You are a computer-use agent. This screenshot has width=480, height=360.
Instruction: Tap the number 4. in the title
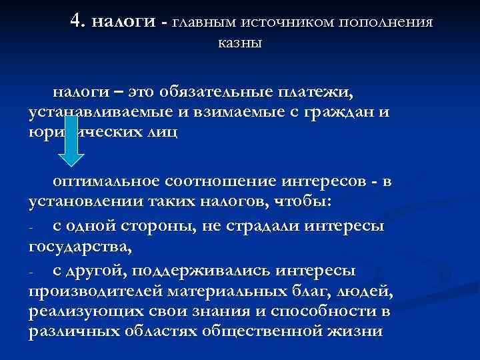[79, 22]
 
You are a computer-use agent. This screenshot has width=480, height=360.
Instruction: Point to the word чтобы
[316, 203]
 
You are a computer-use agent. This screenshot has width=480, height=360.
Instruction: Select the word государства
[81, 248]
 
